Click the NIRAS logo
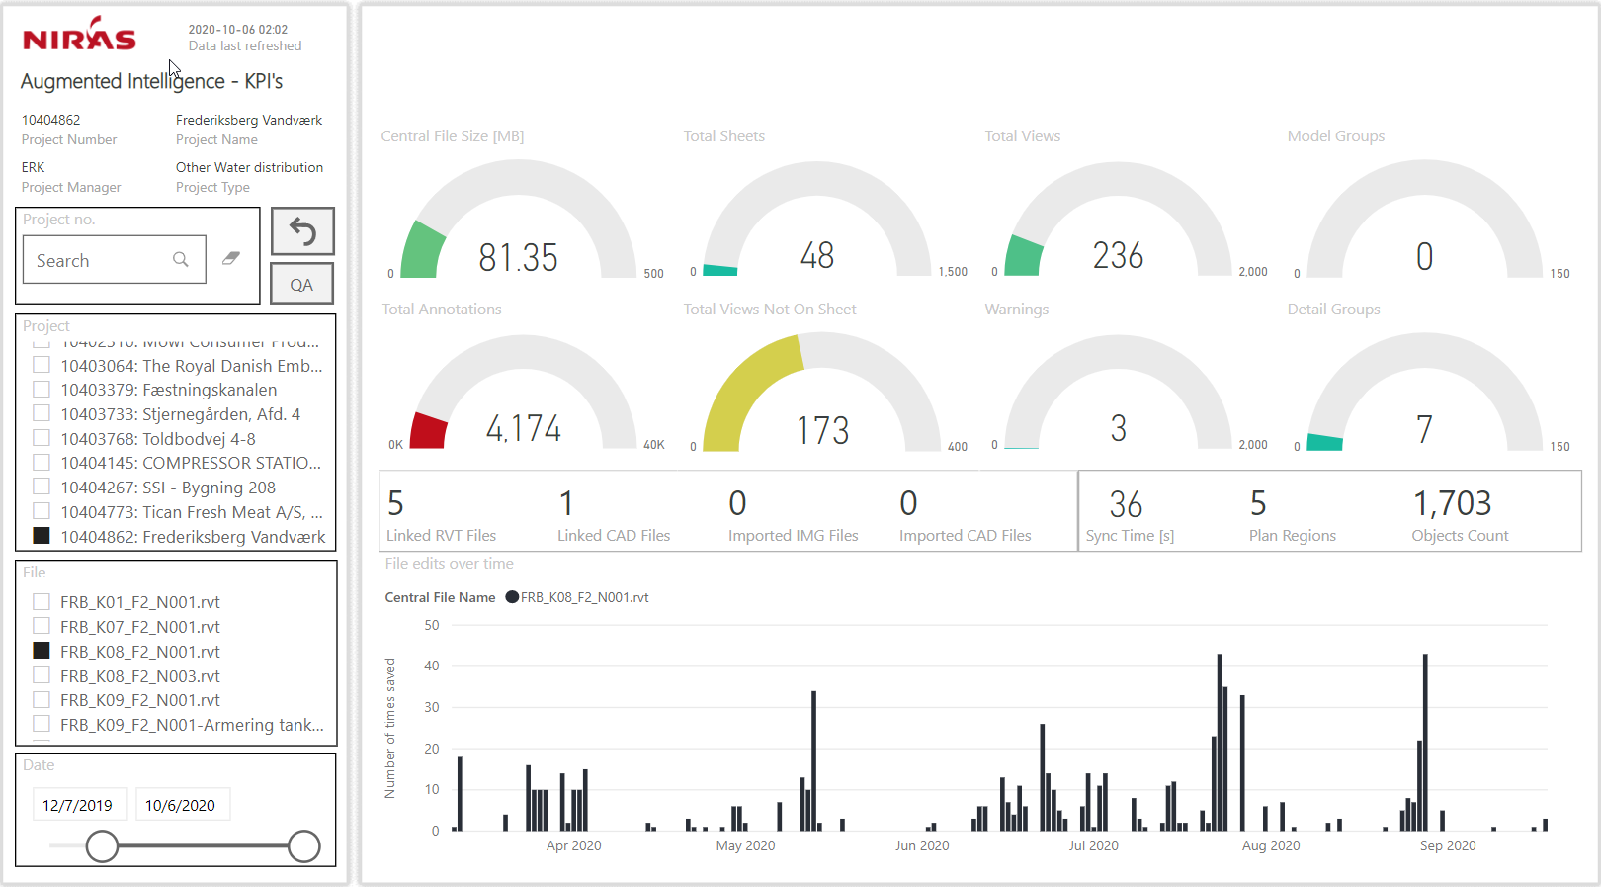tap(79, 36)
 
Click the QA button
tap(301, 285)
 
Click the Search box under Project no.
tap(104, 260)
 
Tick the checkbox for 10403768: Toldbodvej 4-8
tap(42, 438)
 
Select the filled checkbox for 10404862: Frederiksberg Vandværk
tap(42, 536)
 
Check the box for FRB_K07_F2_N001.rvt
tap(42, 626)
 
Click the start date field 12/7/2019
tap(78, 805)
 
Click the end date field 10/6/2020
tap(181, 805)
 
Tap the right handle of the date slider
tap(303, 846)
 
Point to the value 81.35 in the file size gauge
tap(518, 258)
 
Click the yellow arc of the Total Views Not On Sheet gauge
tap(741, 386)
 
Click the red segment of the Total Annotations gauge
tap(429, 432)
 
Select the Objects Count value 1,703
tap(1451, 503)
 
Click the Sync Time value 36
tap(1126, 504)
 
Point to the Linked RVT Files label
tap(441, 536)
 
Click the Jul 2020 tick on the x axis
tap(1093, 845)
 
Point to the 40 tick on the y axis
tap(432, 666)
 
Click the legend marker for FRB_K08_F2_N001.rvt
tap(512, 597)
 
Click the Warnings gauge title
tap(1016, 310)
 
